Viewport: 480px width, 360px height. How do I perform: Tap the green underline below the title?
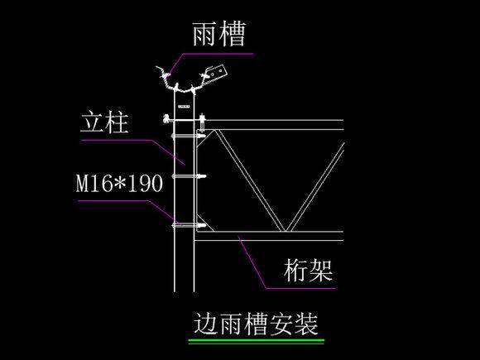pos(256,340)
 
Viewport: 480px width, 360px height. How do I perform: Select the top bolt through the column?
pos(187,127)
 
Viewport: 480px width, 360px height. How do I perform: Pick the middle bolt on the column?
pos(187,175)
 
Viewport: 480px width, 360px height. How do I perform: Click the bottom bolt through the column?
pos(187,225)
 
